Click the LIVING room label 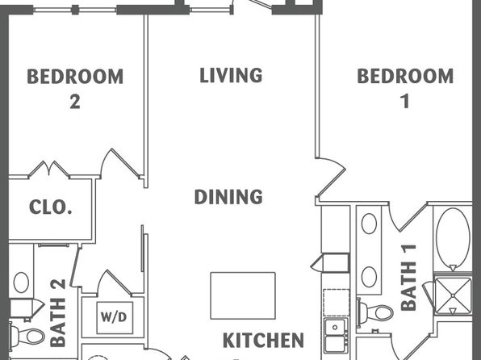(231, 76)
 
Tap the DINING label (228, 197)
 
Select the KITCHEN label (263, 340)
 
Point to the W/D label (114, 317)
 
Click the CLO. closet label (51, 207)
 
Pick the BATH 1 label (409, 278)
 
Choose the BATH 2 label (57, 313)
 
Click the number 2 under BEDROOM (75, 102)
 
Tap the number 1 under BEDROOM (405, 101)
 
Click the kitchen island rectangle (243, 295)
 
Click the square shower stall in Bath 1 (453, 295)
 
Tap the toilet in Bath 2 (27, 337)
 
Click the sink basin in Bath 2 (21, 282)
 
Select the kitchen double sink (336, 335)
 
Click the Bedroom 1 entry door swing (332, 177)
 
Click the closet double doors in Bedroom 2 (49, 169)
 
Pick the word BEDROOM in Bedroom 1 (405, 76)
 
